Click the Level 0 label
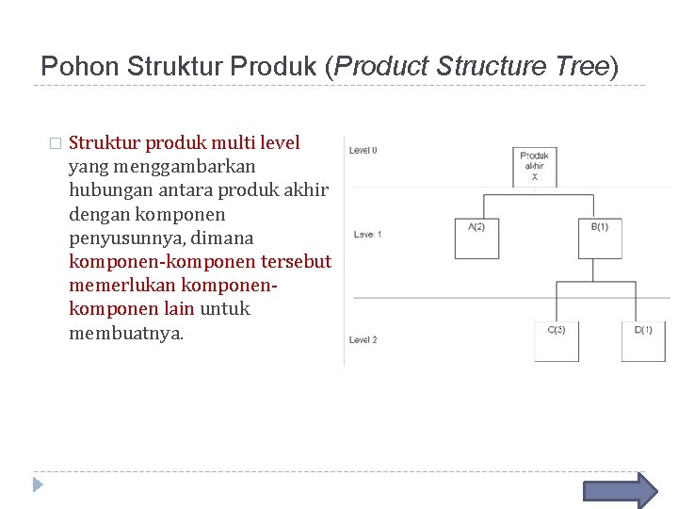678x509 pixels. tap(363, 150)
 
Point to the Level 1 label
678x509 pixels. tap(367, 234)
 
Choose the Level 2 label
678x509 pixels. tap(363, 339)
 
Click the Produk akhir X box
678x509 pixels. tap(534, 167)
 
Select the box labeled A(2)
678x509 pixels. tap(476, 238)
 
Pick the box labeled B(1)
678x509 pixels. tap(599, 238)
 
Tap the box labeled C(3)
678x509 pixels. tap(557, 341)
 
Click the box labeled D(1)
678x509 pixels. tap(643, 341)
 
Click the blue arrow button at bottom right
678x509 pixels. tap(621, 491)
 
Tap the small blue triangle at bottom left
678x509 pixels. tap(38, 484)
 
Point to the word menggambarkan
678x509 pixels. tap(152, 167)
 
